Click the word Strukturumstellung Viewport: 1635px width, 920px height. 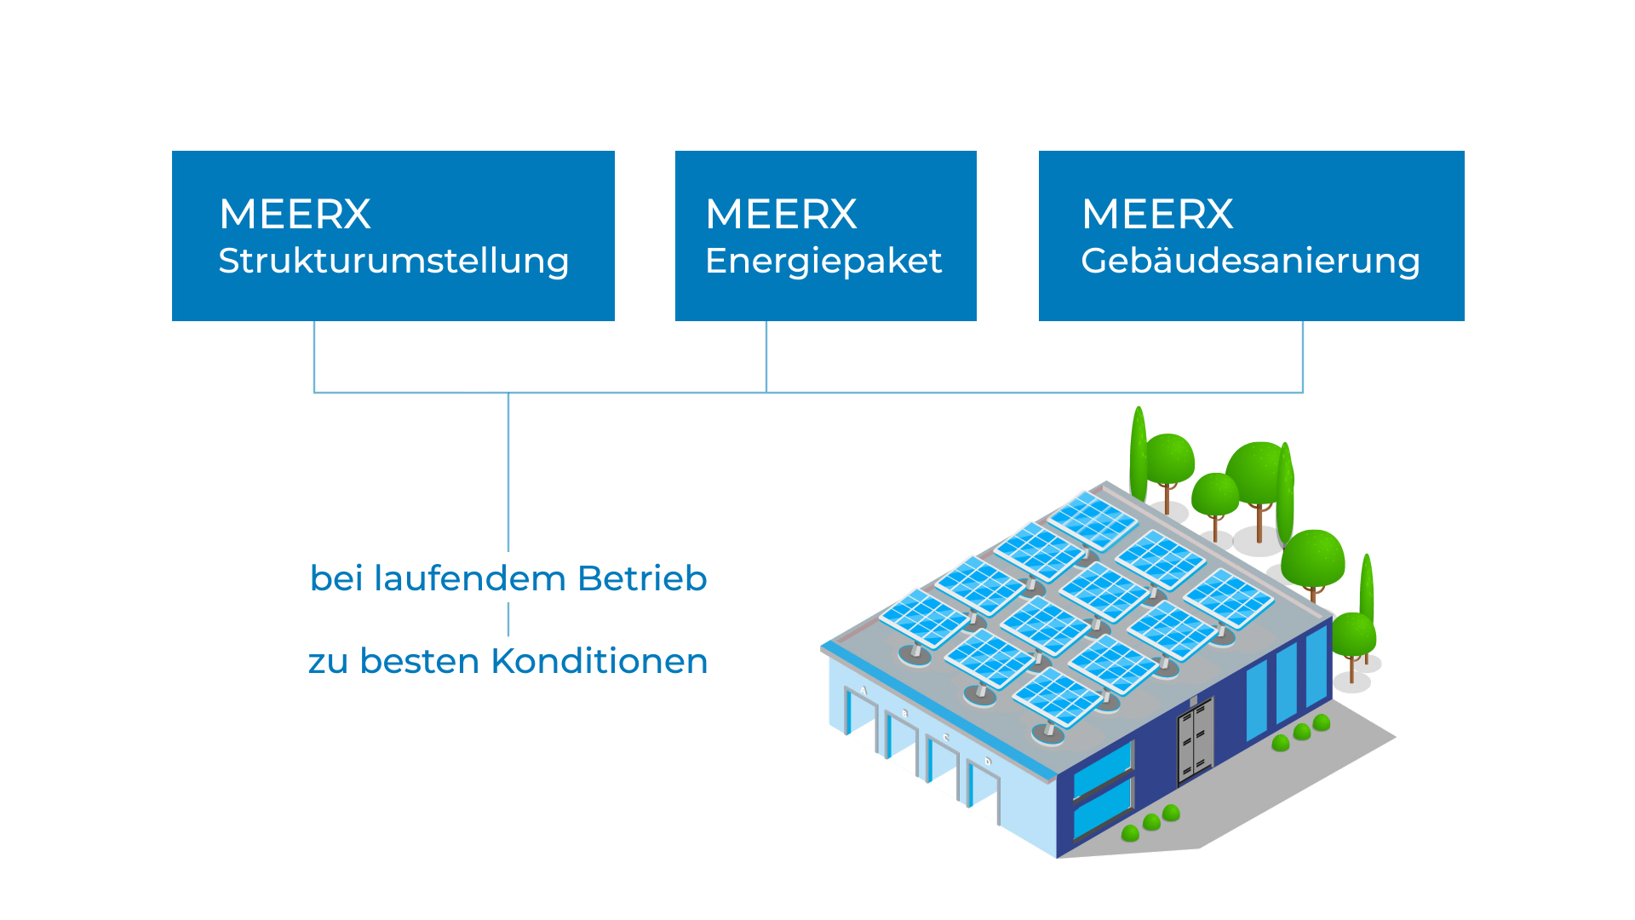[393, 261]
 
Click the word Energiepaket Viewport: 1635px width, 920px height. [823, 262]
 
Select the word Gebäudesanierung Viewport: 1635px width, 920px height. [1250, 262]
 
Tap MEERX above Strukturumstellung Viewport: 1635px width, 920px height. [295, 214]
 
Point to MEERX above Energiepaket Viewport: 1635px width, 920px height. [781, 214]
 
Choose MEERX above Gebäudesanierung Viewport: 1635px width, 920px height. [1157, 214]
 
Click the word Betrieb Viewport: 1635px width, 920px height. [642, 578]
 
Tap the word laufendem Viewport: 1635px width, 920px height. [470, 578]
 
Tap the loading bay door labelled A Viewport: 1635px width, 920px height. [860, 720]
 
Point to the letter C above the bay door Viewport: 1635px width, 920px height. [945, 738]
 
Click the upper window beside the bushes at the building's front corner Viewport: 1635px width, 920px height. [1102, 770]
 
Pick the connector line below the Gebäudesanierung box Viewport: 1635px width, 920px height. [1303, 357]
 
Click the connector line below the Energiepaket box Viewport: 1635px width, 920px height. [766, 357]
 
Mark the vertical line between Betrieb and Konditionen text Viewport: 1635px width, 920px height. [508, 619]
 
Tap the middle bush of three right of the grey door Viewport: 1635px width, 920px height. [1301, 732]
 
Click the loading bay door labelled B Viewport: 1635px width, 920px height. [901, 744]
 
